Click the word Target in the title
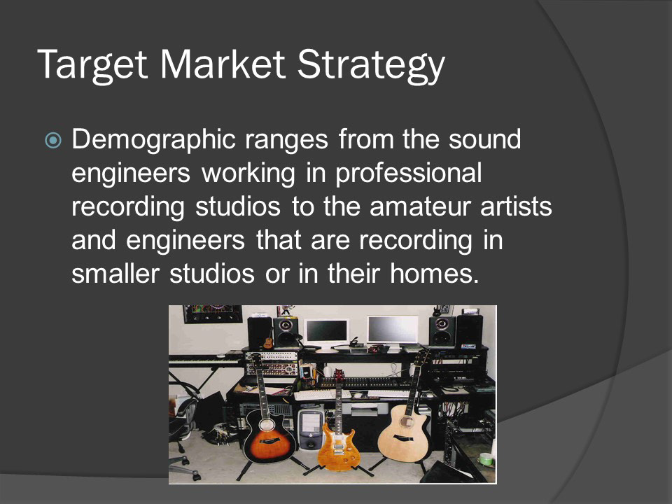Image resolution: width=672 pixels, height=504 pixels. (x=92, y=65)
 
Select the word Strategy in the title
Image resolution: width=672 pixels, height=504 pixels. (x=371, y=65)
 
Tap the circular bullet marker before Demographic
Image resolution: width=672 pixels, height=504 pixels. (x=53, y=140)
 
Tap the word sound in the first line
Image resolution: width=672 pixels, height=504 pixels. (x=484, y=140)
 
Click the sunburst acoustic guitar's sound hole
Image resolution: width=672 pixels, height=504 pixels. (x=267, y=425)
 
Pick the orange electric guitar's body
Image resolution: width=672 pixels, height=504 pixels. (x=339, y=447)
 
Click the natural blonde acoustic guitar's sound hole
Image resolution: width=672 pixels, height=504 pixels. (x=405, y=421)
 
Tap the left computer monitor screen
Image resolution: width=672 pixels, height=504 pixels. (x=325, y=330)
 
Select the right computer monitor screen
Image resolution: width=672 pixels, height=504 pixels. (x=392, y=329)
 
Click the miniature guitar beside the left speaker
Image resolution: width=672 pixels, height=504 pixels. (x=268, y=340)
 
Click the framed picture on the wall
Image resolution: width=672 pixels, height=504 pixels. (x=213, y=314)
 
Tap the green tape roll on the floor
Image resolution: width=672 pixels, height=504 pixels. (x=486, y=459)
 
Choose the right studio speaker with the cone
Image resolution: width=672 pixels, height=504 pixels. (x=442, y=331)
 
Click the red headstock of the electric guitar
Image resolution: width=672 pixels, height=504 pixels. (x=339, y=374)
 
